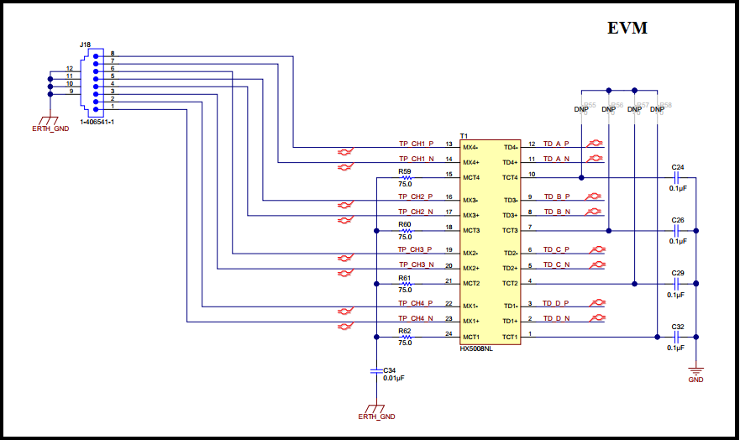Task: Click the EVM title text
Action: click(x=627, y=29)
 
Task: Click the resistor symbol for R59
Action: click(x=406, y=177)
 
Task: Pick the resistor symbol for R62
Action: click(x=406, y=336)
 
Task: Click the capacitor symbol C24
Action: click(x=678, y=177)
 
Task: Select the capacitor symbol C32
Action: click(x=678, y=336)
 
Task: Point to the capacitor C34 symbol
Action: click(x=375, y=369)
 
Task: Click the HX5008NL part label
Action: click(x=476, y=348)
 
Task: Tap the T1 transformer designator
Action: click(x=464, y=136)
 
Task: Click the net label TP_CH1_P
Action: click(x=415, y=143)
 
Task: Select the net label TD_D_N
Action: click(x=556, y=318)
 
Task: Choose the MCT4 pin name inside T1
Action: click(x=470, y=177)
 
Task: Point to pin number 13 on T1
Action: click(x=449, y=144)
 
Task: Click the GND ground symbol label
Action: click(x=695, y=380)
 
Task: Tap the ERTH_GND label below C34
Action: click(x=375, y=416)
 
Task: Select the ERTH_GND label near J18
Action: click(x=51, y=128)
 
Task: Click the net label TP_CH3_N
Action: click(x=415, y=265)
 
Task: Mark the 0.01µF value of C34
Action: click(x=394, y=379)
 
